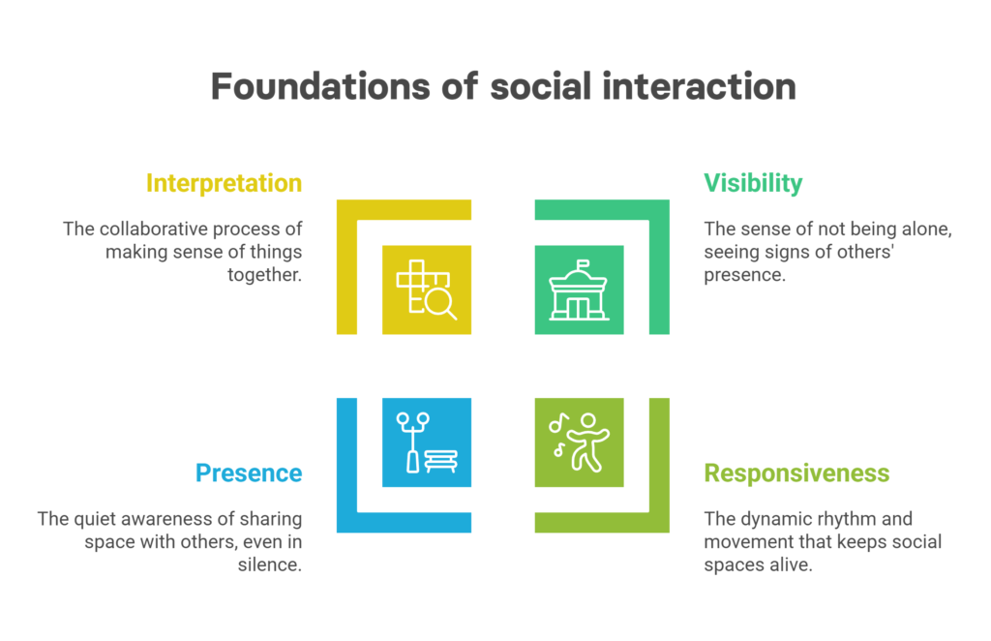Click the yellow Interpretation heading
click(224, 183)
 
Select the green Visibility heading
click(753, 183)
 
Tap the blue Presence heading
click(249, 473)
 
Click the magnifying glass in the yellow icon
click(441, 304)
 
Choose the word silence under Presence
click(269, 565)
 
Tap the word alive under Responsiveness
click(791, 565)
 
